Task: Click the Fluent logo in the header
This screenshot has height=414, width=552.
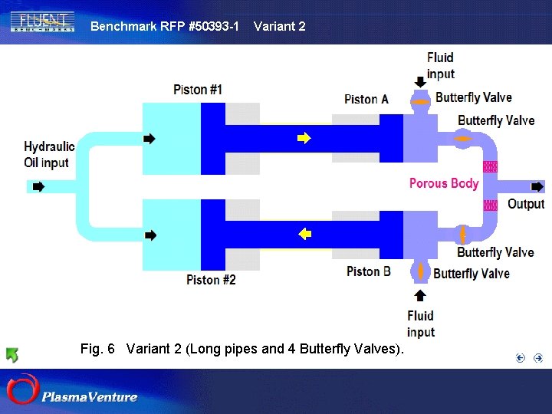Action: (43, 21)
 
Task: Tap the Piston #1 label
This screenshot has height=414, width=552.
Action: (197, 90)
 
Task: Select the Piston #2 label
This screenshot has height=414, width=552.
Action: (211, 280)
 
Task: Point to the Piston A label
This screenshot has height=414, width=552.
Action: (366, 99)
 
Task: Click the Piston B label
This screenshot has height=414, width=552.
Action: (369, 271)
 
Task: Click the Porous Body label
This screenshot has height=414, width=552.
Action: (444, 183)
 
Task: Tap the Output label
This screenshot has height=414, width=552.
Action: (526, 204)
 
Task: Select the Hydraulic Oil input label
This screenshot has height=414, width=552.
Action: (49, 154)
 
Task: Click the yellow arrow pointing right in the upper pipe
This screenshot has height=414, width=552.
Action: (304, 139)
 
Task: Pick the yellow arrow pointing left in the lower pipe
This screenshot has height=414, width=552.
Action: (304, 234)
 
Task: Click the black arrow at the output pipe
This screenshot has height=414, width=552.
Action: (537, 186)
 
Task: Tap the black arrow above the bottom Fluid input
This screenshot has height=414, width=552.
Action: (420, 295)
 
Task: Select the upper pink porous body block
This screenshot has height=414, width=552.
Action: (489, 166)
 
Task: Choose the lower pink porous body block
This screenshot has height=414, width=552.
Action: (489, 205)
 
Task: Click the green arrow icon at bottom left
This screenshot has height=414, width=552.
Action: (12, 354)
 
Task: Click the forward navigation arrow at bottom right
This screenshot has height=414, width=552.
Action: (538, 357)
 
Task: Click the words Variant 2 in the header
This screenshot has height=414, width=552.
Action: (279, 26)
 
